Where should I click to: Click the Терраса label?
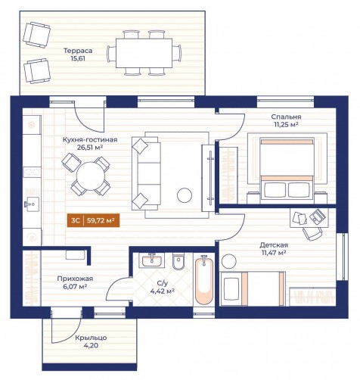78,51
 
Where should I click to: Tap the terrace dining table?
144,53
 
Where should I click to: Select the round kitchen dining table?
91,176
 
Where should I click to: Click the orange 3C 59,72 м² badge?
93,220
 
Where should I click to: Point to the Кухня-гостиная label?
90,140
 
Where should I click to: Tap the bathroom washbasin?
151,260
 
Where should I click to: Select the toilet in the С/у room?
178,261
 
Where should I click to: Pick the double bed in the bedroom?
287,169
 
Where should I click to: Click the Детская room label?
274,245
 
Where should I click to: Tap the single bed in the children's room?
253,289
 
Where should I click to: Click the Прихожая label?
75,279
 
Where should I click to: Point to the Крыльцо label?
91,338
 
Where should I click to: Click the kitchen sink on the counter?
32,204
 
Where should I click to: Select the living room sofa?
146,173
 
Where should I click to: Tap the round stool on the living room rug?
185,195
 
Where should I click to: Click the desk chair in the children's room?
312,233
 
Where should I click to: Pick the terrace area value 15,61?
78,58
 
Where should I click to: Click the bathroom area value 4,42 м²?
163,291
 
